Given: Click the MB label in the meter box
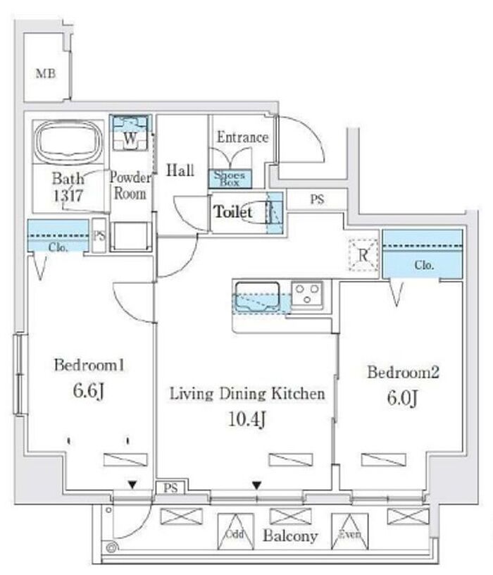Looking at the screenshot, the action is pyautogui.click(x=46, y=74).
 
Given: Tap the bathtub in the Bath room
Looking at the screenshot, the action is pyautogui.click(x=68, y=141).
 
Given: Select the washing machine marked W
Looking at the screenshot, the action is pyautogui.click(x=130, y=132).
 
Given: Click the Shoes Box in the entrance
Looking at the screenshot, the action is pyautogui.click(x=230, y=178).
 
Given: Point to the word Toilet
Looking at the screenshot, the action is pyautogui.click(x=233, y=212).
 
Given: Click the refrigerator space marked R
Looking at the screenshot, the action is pyautogui.click(x=363, y=255).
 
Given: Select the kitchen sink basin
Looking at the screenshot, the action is pyautogui.click(x=257, y=296).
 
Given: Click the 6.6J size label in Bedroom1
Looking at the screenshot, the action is pyautogui.click(x=89, y=391).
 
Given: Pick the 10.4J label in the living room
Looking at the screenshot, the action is pyautogui.click(x=247, y=419).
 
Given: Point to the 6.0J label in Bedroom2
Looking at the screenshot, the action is pyautogui.click(x=402, y=398).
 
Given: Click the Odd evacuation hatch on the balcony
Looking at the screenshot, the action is pyautogui.click(x=235, y=531).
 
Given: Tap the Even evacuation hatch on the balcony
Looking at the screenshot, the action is pyautogui.click(x=350, y=531).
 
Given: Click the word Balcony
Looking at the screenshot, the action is pyautogui.click(x=290, y=536).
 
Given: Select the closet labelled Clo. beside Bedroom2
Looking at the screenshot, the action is pyautogui.click(x=423, y=254).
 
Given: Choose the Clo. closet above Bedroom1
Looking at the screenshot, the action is pyautogui.click(x=58, y=235).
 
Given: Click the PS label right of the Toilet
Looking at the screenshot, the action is pyautogui.click(x=318, y=199).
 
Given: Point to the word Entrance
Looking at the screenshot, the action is pyautogui.click(x=243, y=137).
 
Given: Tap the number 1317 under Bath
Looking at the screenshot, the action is pyautogui.click(x=68, y=196).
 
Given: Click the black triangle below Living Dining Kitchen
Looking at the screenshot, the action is pyautogui.click(x=257, y=486).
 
